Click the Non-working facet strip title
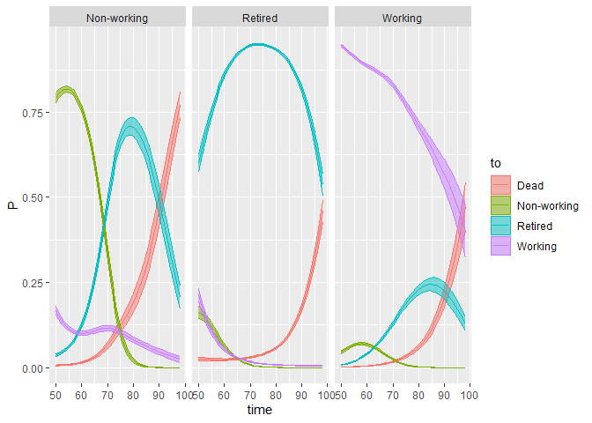(x=117, y=18)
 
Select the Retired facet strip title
(x=260, y=18)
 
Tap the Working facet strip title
(x=403, y=18)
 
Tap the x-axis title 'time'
(x=260, y=410)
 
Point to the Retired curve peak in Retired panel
(x=258, y=44)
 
